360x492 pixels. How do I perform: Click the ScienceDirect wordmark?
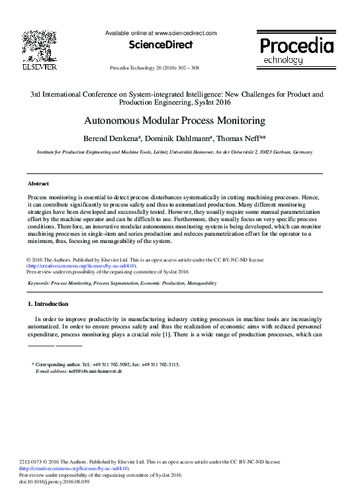pyautogui.click(x=161, y=45)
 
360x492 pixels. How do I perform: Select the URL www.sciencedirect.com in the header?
pyautogui.click(x=186, y=32)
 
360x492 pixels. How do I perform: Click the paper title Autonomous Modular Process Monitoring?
pyautogui.click(x=175, y=121)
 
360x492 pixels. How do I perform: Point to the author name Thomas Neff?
pyautogui.click(x=243, y=139)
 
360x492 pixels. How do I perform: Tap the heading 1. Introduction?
pyautogui.click(x=47, y=303)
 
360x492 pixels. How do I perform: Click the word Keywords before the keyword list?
pyautogui.click(x=39, y=283)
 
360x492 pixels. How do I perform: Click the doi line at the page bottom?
pyautogui.click(x=55, y=482)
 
